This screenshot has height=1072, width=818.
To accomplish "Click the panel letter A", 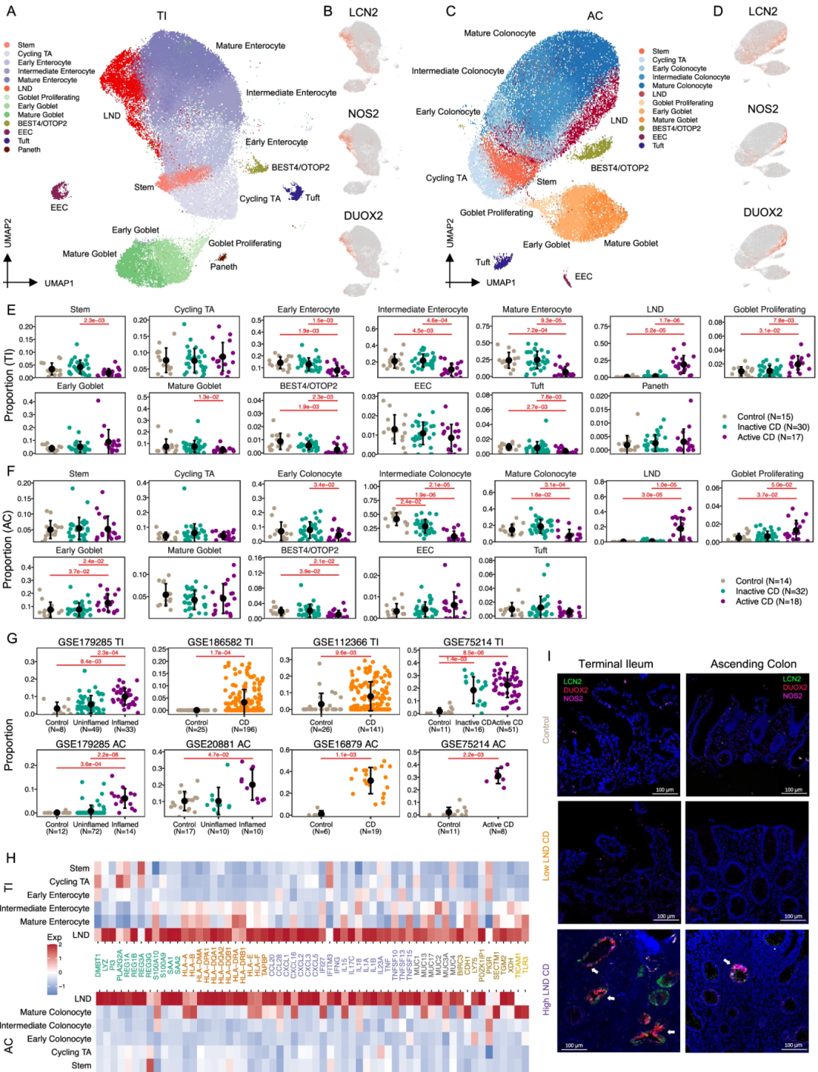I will (x=11, y=11).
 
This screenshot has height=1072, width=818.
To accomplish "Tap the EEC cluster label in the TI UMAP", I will (x=59, y=208).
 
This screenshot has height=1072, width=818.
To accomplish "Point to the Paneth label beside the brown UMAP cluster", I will (x=223, y=267).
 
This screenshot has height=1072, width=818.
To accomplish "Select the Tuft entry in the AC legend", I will (x=658, y=145).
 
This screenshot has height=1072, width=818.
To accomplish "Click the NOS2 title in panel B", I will (x=364, y=114).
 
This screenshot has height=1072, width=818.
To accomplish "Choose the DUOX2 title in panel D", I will (x=763, y=212).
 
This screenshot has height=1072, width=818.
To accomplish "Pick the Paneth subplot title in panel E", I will (x=655, y=386).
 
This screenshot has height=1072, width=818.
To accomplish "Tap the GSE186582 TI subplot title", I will (x=220, y=642).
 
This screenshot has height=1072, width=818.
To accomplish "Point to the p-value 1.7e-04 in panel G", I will (x=220, y=653).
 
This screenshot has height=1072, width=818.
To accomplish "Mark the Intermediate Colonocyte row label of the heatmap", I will (x=45, y=1026).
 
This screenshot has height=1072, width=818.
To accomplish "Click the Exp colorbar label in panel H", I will (x=55, y=937).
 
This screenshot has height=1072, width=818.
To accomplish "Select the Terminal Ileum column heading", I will (x=615, y=664).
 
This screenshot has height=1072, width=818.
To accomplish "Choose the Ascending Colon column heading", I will (x=753, y=664).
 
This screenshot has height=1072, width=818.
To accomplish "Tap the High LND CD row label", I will (x=546, y=989).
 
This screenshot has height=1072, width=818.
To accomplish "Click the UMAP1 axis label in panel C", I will (x=501, y=283).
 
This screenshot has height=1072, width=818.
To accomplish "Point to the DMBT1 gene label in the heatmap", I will (x=98, y=966).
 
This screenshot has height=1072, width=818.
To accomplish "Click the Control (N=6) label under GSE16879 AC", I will (x=321, y=828).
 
